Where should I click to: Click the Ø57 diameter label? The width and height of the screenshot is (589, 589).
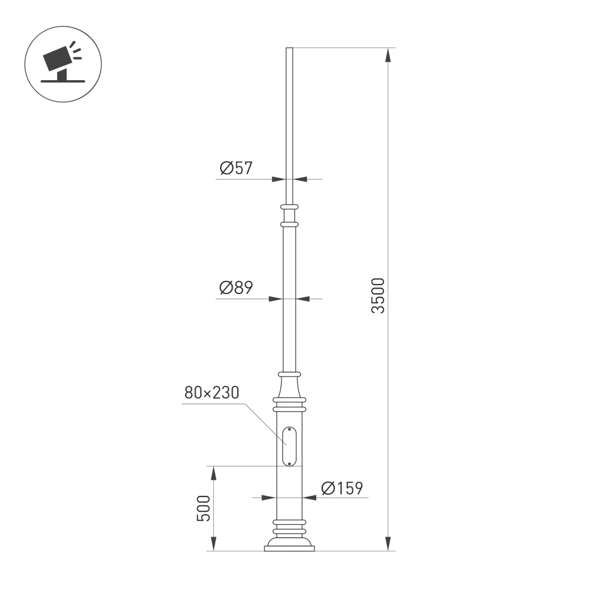(236, 168)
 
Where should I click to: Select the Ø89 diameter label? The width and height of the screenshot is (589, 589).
(236, 288)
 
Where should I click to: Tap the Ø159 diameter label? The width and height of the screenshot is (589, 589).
(342, 488)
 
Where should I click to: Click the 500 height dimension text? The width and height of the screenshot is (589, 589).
(203, 508)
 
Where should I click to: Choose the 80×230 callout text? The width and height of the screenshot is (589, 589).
(211, 393)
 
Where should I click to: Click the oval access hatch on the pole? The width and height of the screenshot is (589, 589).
(289, 446)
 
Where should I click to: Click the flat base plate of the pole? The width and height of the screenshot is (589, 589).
(289, 548)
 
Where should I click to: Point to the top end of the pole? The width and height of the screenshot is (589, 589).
(289, 49)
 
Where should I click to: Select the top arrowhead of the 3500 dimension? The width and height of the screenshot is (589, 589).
(388, 54)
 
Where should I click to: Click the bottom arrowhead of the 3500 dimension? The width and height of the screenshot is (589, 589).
(388, 544)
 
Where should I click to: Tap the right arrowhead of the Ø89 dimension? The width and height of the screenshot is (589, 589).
(303, 299)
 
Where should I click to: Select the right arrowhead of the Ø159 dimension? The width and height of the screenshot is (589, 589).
(310, 498)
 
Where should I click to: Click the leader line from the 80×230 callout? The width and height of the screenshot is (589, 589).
(262, 422)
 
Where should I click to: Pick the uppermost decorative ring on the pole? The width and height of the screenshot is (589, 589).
(289, 207)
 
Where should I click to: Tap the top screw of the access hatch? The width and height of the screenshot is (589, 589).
(289, 429)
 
